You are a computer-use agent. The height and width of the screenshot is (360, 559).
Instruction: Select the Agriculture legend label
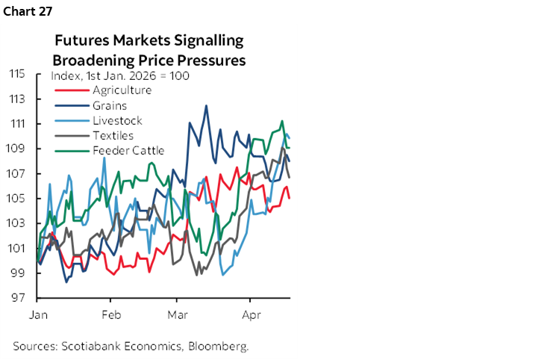122,90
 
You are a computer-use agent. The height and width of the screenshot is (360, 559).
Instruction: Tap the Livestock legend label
117,120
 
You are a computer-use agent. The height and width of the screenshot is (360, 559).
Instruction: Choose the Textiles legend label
113,135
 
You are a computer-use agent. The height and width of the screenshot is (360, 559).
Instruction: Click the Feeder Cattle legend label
128,150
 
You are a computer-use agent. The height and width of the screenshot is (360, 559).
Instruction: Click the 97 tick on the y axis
21,298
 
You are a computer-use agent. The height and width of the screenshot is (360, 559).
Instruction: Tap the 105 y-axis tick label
19,199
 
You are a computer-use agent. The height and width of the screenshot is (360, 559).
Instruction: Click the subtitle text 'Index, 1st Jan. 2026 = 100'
119,76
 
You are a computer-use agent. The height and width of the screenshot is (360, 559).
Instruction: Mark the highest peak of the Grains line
206,105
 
